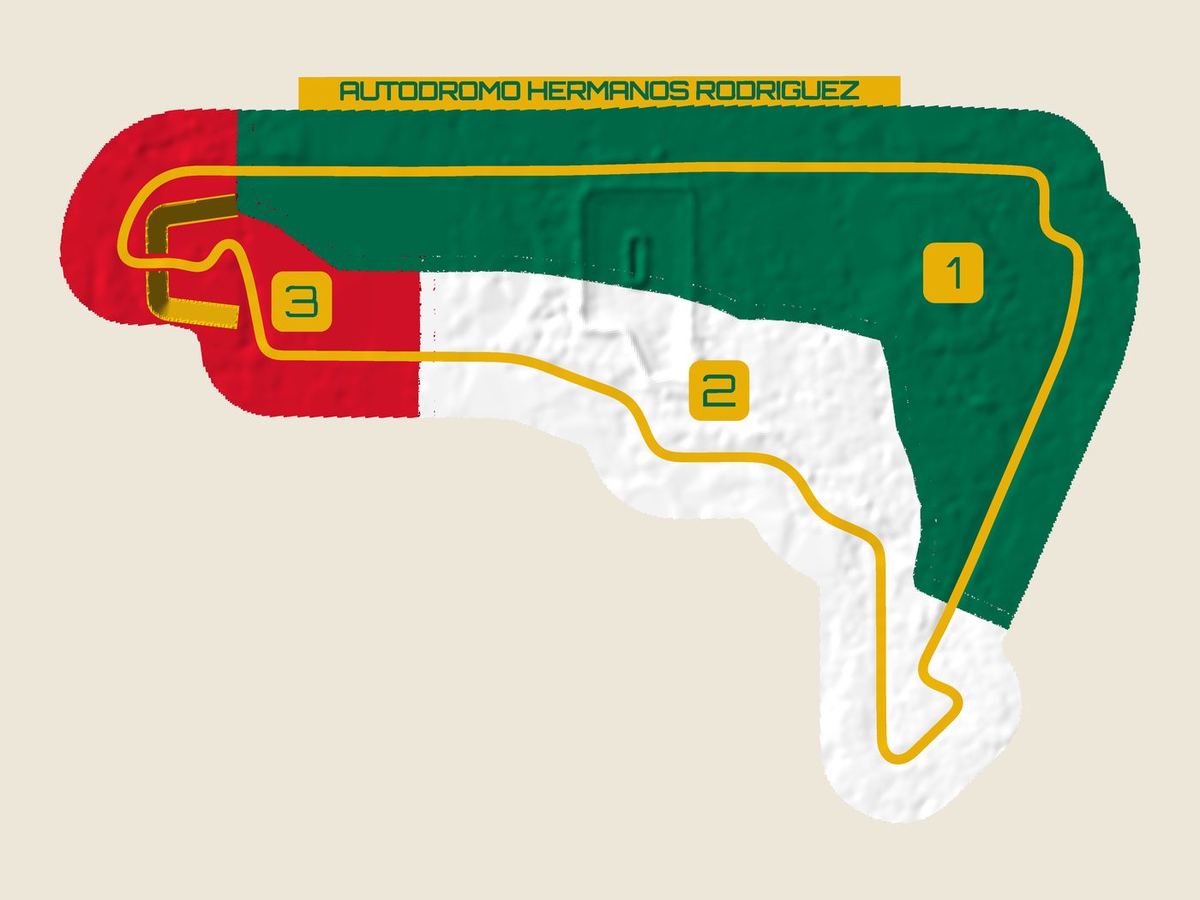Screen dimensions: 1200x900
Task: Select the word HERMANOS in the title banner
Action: (607, 91)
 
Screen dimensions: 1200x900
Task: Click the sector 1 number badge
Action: (953, 273)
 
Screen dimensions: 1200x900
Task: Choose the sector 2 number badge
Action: (719, 390)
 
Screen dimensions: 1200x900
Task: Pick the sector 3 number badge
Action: (302, 302)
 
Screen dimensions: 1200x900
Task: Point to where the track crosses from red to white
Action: (419, 356)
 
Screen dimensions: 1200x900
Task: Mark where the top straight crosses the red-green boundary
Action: (237, 171)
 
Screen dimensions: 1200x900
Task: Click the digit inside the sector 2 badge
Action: (719, 390)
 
